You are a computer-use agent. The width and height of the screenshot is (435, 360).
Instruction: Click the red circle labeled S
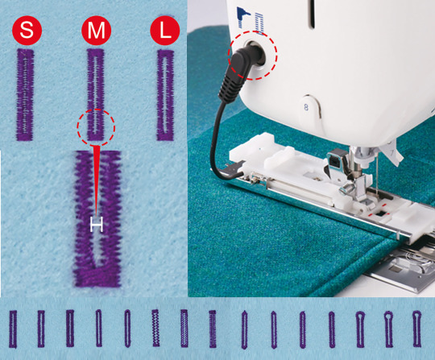[27, 31]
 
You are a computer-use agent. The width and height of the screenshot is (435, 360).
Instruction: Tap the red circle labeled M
[97, 31]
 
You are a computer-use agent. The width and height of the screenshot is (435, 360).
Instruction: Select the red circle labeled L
[165, 31]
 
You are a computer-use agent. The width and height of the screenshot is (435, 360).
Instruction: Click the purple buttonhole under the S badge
[25, 94]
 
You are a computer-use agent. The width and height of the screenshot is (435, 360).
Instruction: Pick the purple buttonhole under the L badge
[166, 95]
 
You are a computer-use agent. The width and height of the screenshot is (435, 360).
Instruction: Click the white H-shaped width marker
[97, 225]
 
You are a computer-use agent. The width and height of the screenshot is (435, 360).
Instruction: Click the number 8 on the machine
[306, 107]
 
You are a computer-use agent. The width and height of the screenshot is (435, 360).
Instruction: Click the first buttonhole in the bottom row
[13, 329]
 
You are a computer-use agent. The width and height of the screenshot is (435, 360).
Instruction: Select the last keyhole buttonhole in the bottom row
[416, 329]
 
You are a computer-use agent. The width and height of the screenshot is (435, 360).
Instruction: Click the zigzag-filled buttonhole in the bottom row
[156, 328]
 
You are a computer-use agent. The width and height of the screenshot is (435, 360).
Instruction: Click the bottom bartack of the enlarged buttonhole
[97, 277]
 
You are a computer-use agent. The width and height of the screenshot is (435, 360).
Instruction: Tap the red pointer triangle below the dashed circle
[97, 180]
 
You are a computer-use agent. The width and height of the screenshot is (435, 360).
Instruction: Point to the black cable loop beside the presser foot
[222, 144]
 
